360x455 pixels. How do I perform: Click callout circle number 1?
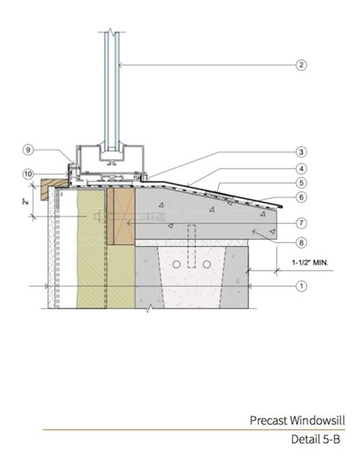[x=301, y=286]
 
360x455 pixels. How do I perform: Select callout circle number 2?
[x=301, y=65]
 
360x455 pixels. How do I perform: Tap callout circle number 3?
[x=301, y=151]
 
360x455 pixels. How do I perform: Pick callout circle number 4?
[x=301, y=169]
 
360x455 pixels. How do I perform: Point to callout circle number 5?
[x=301, y=182]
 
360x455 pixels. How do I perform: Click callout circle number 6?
[x=301, y=197]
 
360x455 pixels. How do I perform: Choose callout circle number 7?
[x=301, y=223]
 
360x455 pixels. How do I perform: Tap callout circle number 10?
[x=28, y=174]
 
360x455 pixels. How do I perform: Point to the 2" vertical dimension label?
[x=24, y=203]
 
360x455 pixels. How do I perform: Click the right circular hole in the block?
[x=207, y=264]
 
